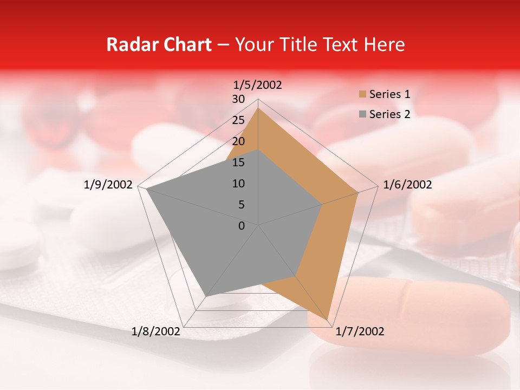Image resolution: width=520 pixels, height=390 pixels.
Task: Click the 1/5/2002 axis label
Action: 258,84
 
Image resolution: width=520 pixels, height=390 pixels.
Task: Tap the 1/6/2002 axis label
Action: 407,185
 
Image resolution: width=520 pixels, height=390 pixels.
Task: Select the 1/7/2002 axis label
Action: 360,331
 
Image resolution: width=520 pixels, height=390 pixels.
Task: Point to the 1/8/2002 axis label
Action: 156,331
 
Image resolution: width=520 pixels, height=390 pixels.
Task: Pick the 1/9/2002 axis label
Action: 108,185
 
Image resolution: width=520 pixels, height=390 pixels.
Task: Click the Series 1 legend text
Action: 389,94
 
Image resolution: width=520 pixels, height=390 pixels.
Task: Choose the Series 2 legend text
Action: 389,114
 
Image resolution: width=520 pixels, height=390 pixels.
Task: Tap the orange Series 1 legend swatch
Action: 362,95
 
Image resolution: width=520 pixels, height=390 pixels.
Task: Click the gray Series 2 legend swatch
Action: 362,114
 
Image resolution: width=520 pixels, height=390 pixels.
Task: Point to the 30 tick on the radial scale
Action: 238,99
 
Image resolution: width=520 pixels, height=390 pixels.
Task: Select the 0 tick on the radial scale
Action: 242,226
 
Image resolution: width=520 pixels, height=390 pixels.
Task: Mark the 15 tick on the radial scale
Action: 238,162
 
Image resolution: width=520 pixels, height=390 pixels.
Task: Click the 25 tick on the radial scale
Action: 238,120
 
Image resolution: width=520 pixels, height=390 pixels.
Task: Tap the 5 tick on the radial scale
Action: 242,205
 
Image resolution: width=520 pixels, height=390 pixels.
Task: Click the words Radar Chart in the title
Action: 159,44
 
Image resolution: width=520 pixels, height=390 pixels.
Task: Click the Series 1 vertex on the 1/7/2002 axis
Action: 328,320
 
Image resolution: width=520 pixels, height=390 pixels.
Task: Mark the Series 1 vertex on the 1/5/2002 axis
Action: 258,108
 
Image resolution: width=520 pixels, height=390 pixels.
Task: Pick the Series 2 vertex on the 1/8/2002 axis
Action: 206,296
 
